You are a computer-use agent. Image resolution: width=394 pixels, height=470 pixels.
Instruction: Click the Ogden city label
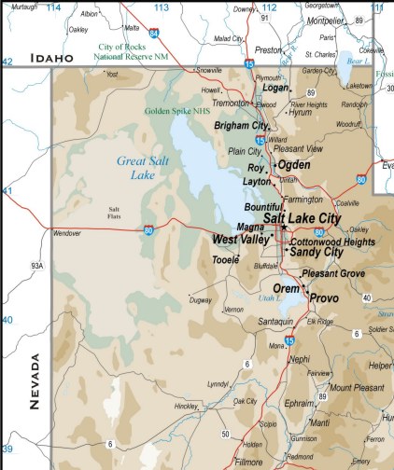point(293,165)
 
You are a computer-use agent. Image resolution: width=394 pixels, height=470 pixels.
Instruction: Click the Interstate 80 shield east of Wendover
point(148,230)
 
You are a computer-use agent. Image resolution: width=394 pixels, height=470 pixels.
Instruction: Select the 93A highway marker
point(36,266)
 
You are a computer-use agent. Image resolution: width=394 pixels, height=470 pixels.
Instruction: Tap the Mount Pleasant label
point(356,387)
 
